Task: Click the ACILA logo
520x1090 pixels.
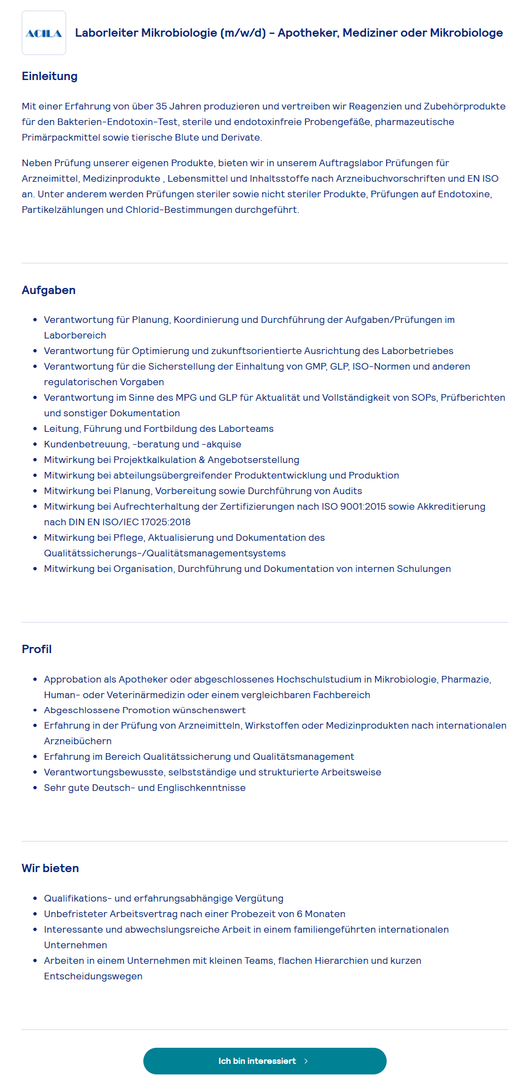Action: click(x=44, y=33)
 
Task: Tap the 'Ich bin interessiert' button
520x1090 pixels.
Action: click(x=264, y=1061)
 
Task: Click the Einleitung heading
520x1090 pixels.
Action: click(x=49, y=76)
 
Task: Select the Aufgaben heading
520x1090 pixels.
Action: click(x=48, y=290)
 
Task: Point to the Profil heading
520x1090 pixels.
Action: click(x=37, y=649)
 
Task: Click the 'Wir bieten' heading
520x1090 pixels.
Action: click(x=50, y=868)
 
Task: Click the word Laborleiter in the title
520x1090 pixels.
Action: click(x=107, y=33)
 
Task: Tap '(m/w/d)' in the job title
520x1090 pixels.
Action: click(x=243, y=33)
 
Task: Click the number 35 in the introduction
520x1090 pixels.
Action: click(x=161, y=106)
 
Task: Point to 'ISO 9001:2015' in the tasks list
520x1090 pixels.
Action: click(x=356, y=506)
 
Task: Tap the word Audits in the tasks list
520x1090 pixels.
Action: click(x=347, y=491)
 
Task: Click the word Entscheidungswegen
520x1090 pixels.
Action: click(x=93, y=976)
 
